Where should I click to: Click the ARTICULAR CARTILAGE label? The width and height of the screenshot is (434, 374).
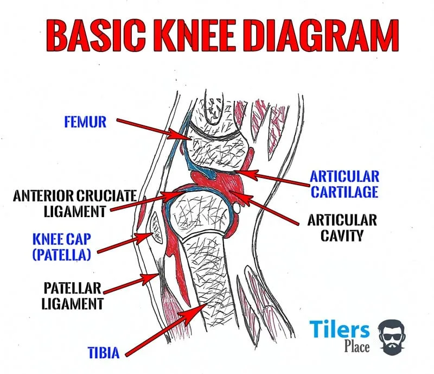pos(344,185)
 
